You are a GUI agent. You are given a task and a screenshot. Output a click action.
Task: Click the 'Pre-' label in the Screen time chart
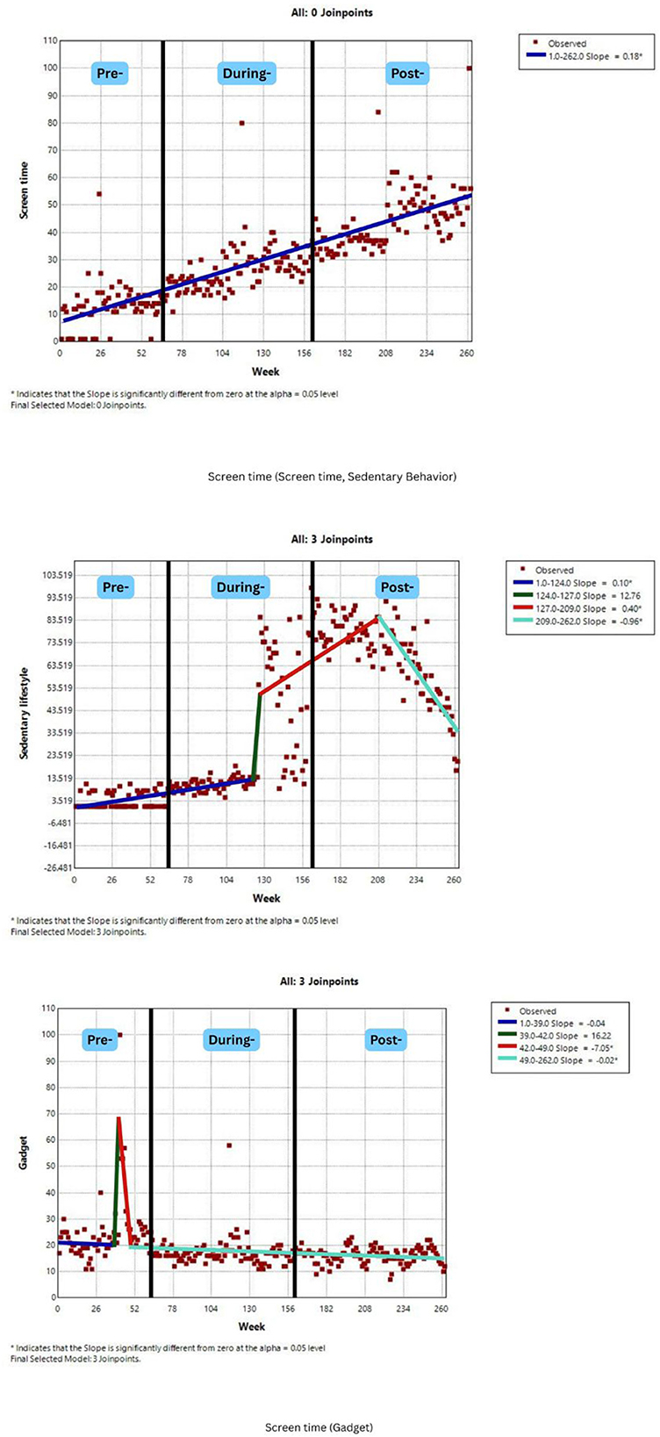110,74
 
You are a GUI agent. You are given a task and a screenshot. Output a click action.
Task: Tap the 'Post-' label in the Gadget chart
385,1040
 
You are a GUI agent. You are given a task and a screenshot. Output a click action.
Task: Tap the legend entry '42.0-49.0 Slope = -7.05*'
577,1048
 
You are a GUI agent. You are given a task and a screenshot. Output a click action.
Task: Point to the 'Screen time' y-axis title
25,190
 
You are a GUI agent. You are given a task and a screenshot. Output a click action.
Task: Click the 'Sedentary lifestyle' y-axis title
25,721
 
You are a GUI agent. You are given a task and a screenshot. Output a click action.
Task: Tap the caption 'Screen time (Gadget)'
319,1427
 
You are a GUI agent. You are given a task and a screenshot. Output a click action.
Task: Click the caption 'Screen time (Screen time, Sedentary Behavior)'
332,477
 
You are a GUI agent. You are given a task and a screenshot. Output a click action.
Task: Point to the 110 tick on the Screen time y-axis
49,40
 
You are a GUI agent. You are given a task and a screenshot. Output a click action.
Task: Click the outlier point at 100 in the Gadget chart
119,1035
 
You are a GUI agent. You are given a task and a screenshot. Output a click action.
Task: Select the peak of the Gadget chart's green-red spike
118,1117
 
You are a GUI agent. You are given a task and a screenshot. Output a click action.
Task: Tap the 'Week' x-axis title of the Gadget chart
252,1326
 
